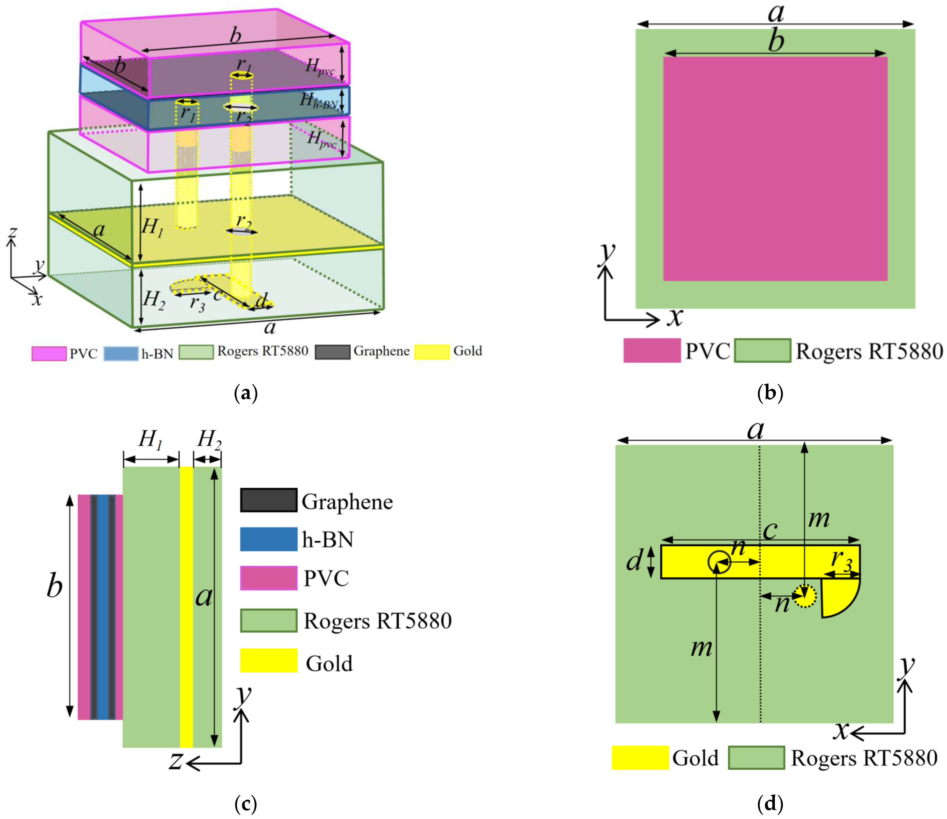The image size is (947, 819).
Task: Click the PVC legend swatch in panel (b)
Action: pos(652,350)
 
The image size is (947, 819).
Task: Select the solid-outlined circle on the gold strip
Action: pos(719,562)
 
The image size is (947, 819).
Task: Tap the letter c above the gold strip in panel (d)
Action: pos(771,530)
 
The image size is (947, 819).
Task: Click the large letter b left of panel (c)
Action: pos(54,586)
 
